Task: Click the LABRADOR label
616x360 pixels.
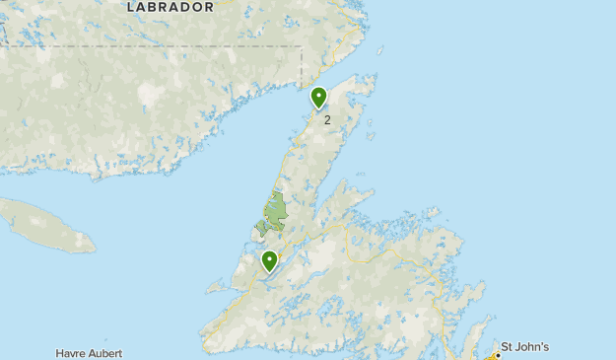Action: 171,7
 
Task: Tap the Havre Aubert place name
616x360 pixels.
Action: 96,353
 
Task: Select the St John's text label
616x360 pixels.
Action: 524,347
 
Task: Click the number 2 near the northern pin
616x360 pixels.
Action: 327,120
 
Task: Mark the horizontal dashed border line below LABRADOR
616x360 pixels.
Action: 148,46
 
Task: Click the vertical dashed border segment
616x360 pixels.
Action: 301,64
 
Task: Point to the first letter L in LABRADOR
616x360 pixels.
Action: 131,7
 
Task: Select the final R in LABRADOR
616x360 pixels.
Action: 208,7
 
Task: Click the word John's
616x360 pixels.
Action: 532,347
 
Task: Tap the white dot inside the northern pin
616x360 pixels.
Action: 318,96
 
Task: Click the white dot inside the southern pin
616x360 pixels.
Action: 269,259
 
